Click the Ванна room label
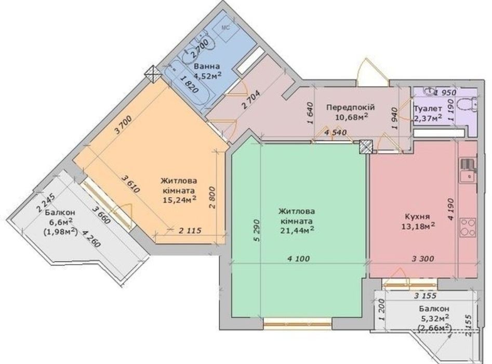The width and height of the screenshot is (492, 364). click(207, 67)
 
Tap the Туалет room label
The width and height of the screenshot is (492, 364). click(428, 109)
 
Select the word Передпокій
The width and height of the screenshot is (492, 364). click(351, 108)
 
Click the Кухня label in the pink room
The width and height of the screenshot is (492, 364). click(417, 217)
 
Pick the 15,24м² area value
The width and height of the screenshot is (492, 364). click(180, 200)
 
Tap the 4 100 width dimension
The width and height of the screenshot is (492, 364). click(298, 259)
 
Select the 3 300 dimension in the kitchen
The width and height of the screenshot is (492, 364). click(423, 259)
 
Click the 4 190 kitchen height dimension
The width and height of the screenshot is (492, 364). click(450, 210)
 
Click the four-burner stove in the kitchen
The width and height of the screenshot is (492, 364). click(468, 227)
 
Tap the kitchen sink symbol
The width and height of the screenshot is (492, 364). click(468, 171)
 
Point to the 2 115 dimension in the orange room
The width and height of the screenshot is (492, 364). click(190, 231)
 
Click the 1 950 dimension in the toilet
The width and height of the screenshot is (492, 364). click(445, 93)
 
